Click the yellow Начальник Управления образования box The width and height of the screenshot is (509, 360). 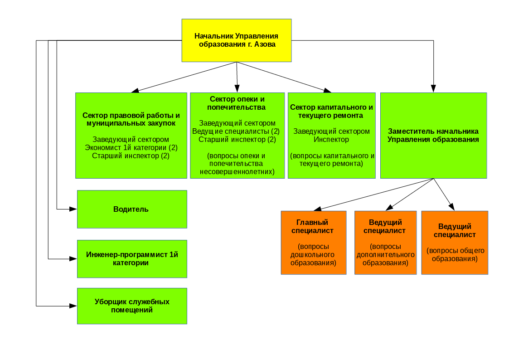coord(236,40)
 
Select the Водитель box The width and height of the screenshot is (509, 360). coord(132,209)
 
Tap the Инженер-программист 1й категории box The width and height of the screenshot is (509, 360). coord(132,258)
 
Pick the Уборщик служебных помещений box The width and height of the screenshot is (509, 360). coord(132,306)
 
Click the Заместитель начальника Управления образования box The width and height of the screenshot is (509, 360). coord(433,136)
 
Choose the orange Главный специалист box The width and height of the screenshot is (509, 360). coord(313,243)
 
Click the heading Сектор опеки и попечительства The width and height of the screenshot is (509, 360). coord(237,103)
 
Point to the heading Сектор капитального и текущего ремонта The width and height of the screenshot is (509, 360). coord(331,111)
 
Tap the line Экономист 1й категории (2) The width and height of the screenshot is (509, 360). coord(131,147)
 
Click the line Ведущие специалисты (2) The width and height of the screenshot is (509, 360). coord(236,131)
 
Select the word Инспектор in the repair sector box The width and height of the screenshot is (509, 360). coord(331,139)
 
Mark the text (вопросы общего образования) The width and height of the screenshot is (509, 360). coord(455,254)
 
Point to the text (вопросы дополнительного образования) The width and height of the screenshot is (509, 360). coord(385,254)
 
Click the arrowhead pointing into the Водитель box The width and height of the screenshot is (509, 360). coord(73,209)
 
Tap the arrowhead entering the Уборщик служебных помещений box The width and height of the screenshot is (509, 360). coord(73,306)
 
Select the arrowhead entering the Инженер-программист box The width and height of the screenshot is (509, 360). coord(73,258)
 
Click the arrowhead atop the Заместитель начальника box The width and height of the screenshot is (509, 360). coord(433,89)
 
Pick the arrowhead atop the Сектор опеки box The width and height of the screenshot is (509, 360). coord(237,89)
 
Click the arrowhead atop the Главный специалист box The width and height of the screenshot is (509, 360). coord(317,209)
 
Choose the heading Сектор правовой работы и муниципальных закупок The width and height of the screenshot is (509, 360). coord(131,119)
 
